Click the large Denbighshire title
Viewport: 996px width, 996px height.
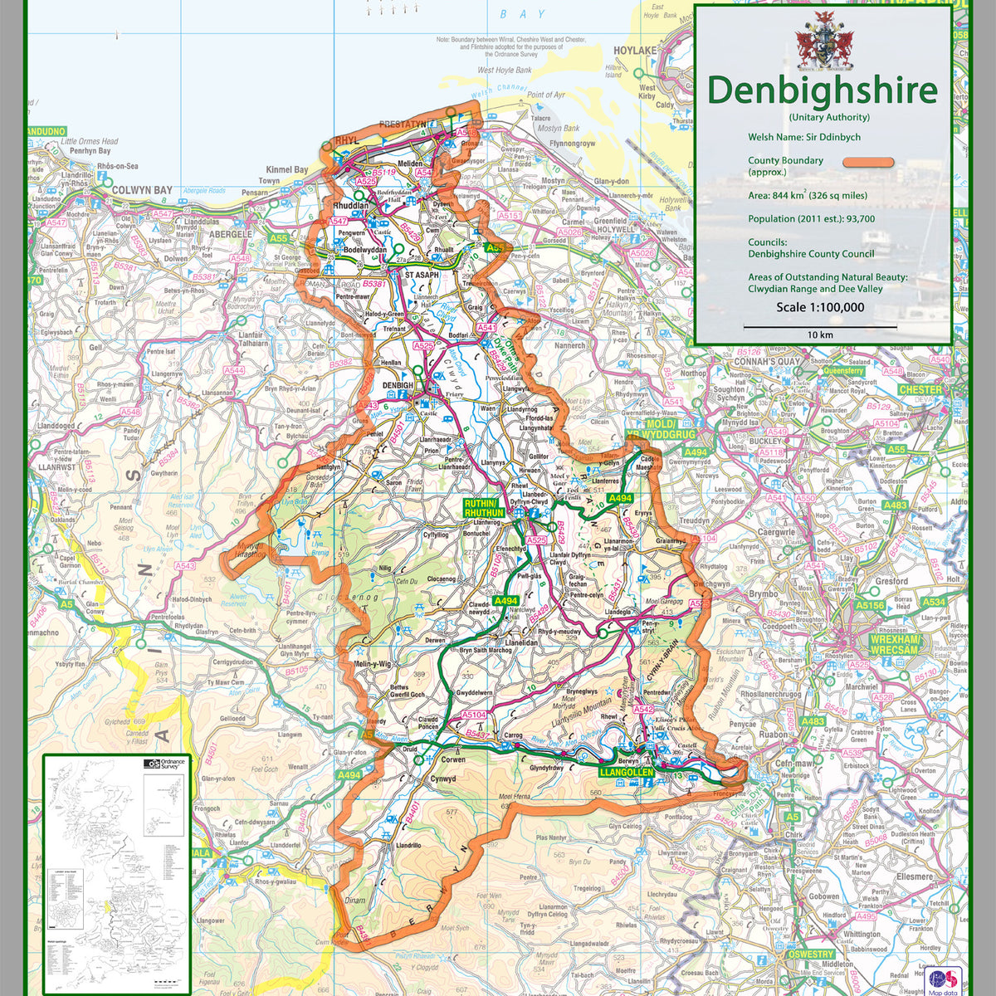(x=822, y=90)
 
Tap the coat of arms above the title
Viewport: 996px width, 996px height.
(x=824, y=41)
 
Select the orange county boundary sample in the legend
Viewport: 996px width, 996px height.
(x=868, y=164)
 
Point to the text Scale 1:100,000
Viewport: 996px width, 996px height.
(x=820, y=307)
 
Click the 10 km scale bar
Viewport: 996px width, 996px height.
(x=820, y=328)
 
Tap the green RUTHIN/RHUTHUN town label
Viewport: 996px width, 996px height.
(x=485, y=508)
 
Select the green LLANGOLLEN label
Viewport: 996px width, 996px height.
(x=626, y=773)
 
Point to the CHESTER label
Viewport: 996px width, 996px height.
(x=920, y=389)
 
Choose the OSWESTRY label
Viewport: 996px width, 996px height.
(x=810, y=954)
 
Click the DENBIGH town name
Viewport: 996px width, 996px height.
(x=397, y=386)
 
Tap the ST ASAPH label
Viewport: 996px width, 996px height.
(x=422, y=275)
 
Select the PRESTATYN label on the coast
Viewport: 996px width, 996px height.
(x=402, y=124)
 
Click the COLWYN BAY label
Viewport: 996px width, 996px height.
(x=142, y=190)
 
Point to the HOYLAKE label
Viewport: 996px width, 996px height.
(x=635, y=51)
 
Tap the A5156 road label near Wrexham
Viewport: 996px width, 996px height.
(x=871, y=606)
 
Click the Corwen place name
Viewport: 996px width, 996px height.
(x=452, y=759)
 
